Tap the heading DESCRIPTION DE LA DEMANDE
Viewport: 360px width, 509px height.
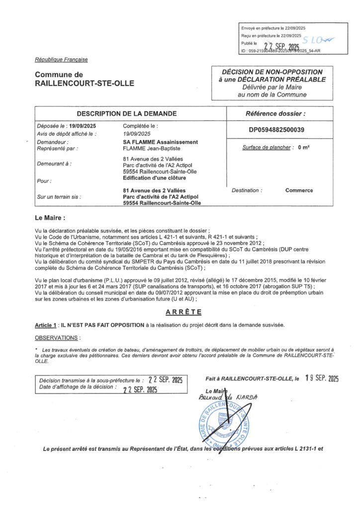tap(130, 113)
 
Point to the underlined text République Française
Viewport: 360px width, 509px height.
tap(61, 60)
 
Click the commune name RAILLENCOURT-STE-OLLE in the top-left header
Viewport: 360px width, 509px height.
tap(85, 84)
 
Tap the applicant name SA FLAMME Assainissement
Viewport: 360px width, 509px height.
tap(160, 142)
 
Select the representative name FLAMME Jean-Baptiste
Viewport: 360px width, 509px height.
tap(152, 148)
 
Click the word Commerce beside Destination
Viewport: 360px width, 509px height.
tap(299, 190)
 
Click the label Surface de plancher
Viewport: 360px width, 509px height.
tap(266, 147)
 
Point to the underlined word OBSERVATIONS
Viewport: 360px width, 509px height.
tap(57, 338)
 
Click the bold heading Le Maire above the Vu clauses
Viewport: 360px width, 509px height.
tap(50, 218)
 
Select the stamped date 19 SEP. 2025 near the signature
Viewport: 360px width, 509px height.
tap(322, 378)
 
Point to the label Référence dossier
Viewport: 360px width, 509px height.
tap(276, 114)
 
